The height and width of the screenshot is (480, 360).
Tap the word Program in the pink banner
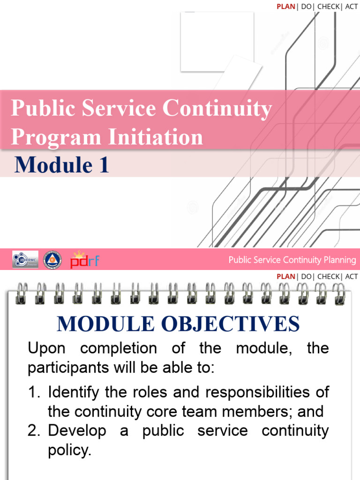[56, 137]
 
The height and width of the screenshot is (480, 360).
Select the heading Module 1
[62, 165]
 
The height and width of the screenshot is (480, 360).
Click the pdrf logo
[84, 260]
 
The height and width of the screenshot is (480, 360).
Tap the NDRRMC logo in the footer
[25, 260]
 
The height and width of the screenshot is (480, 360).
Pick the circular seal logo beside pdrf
[52, 260]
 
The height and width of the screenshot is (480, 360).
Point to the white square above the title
[217, 42]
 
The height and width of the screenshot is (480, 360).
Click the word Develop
[77, 431]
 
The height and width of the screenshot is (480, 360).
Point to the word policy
[69, 450]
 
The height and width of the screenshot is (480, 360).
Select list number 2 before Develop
[34, 431]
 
